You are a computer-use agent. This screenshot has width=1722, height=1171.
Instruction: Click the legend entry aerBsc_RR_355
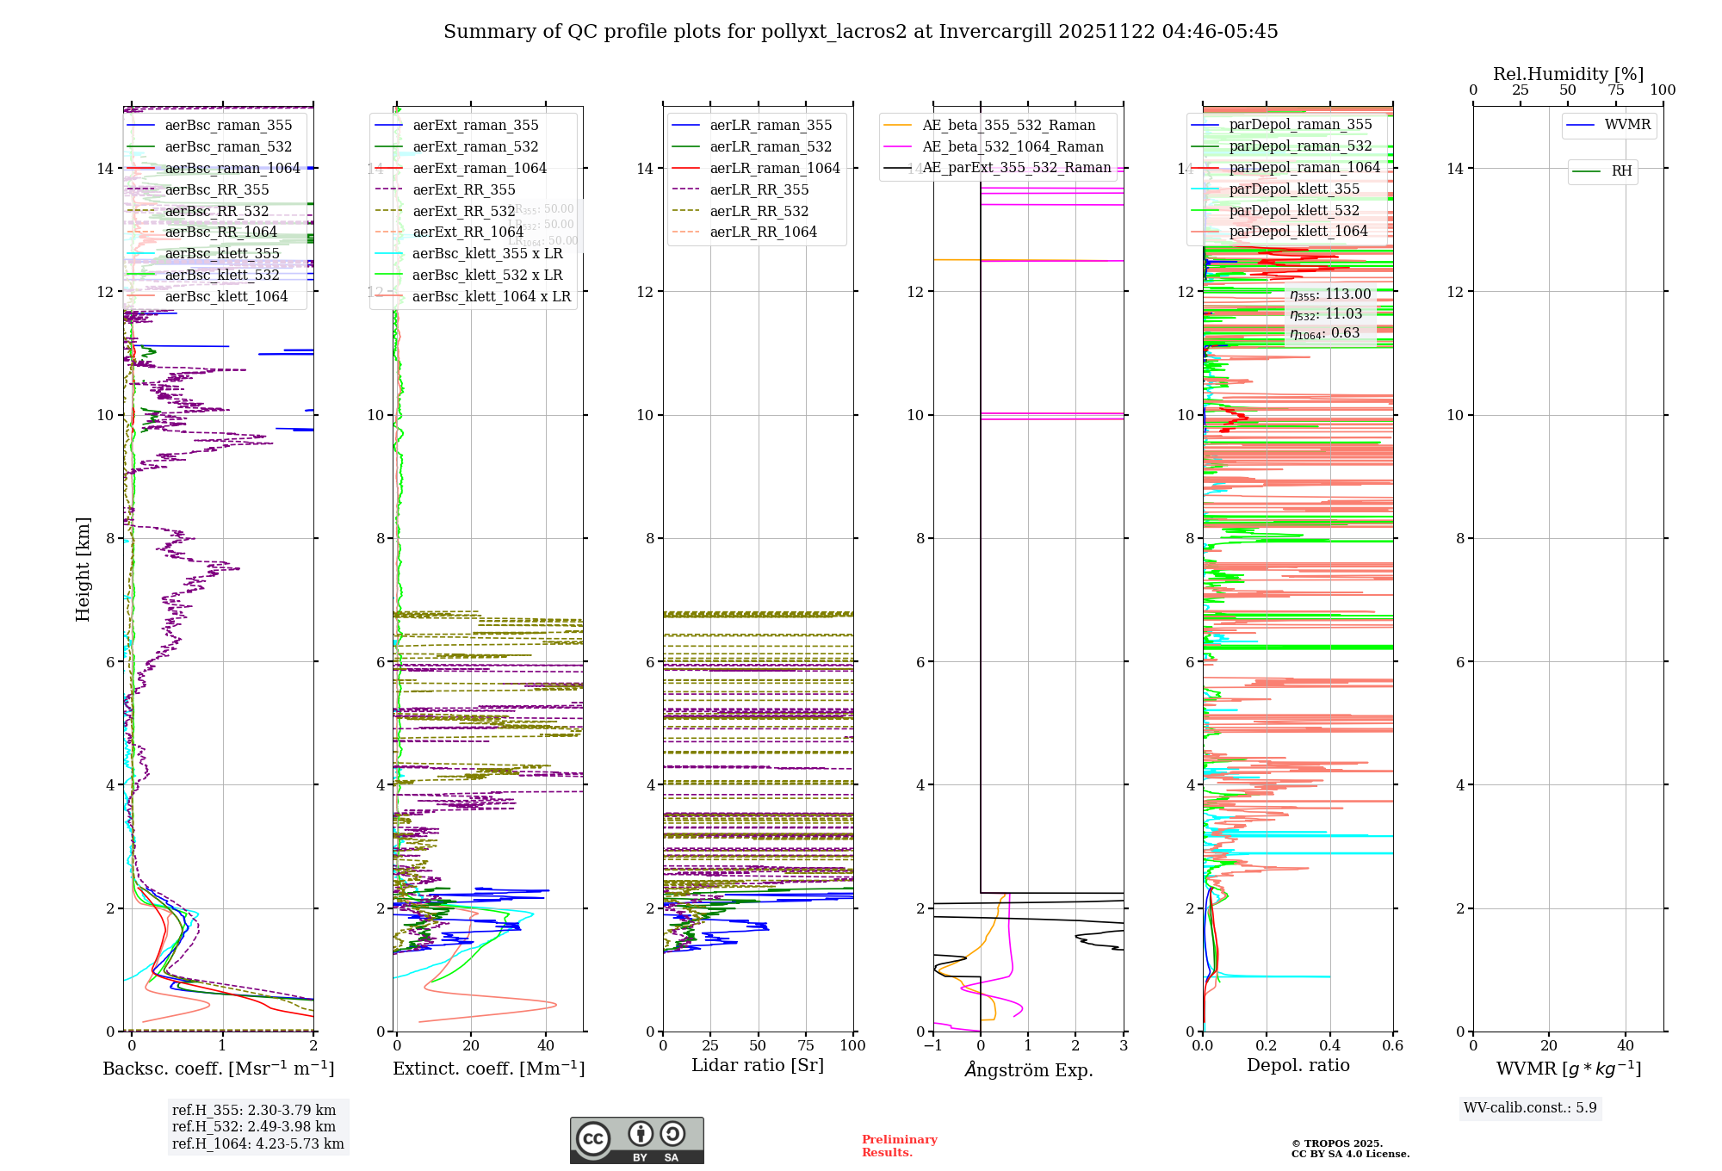click(x=217, y=189)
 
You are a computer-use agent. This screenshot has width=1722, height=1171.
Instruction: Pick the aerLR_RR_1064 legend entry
click(x=763, y=232)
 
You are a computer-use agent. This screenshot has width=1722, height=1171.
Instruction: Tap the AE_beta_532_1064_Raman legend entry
click(x=1013, y=146)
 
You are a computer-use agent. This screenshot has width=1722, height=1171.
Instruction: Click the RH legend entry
click(x=1621, y=171)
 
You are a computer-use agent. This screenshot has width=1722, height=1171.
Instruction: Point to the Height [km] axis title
click(x=83, y=568)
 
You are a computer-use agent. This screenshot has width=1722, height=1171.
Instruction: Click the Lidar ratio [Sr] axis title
click(x=758, y=1065)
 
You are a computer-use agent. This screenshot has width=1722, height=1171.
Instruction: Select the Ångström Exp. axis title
click(x=1029, y=1069)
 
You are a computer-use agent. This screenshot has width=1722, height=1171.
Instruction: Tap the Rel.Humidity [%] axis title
click(x=1568, y=74)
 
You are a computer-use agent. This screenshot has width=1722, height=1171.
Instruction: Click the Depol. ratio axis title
click(x=1298, y=1065)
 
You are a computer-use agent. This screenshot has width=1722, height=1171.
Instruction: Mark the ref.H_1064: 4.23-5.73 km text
click(x=257, y=1144)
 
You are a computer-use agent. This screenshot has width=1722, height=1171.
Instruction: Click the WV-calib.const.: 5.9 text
click(x=1530, y=1108)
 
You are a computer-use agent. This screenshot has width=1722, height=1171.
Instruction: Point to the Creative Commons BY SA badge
click(x=636, y=1140)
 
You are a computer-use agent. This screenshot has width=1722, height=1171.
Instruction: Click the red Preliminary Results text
click(x=899, y=1146)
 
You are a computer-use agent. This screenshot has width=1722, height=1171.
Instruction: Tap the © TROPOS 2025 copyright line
click(x=1336, y=1143)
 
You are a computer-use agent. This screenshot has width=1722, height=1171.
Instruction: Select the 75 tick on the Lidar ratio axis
click(x=806, y=1046)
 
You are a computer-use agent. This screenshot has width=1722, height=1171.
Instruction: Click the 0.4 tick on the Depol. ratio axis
click(x=1329, y=1046)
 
